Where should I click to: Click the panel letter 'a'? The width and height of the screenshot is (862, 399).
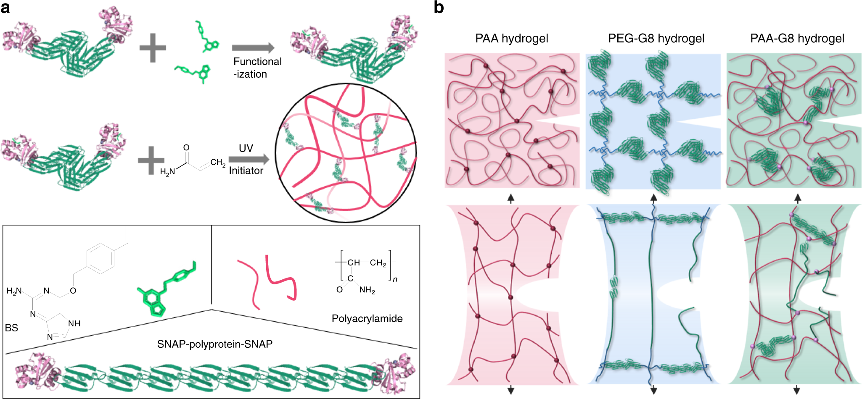click(x=5, y=8)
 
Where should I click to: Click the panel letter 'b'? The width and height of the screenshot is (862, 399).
click(x=439, y=8)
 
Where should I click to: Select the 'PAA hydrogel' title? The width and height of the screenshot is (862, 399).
click(x=511, y=39)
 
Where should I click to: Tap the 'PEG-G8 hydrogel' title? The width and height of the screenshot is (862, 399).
click(x=656, y=39)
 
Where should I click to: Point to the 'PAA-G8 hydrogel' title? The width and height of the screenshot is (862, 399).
click(x=797, y=39)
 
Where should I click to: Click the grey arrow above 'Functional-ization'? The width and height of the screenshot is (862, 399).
click(x=253, y=48)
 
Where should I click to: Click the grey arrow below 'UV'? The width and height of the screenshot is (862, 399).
click(x=249, y=159)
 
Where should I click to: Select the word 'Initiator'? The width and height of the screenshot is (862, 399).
click(x=246, y=171)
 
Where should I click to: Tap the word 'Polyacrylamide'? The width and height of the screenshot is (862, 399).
click(x=367, y=319)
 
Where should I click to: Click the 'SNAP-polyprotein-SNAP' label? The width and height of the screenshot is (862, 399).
click(x=214, y=344)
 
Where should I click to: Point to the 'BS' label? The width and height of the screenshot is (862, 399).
click(x=11, y=328)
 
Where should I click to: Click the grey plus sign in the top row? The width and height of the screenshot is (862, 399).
click(x=153, y=48)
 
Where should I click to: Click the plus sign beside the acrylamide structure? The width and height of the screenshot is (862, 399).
click(x=151, y=160)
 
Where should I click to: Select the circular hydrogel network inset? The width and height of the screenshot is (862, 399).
click(x=346, y=153)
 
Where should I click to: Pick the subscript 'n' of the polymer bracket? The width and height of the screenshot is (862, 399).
click(x=395, y=279)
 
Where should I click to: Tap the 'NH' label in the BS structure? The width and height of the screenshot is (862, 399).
click(x=74, y=324)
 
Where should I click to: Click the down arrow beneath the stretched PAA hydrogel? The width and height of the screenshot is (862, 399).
click(x=511, y=390)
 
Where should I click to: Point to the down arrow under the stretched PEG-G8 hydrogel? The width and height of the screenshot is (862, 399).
click(x=653, y=390)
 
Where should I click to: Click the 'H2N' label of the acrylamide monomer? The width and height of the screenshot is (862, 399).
click(x=167, y=172)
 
